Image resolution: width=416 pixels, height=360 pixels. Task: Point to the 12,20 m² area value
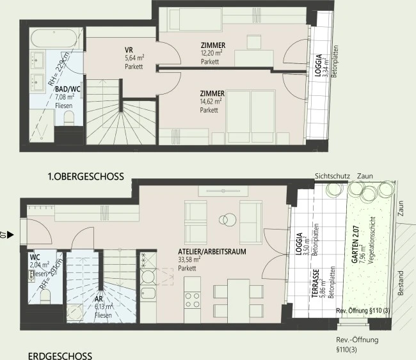211,54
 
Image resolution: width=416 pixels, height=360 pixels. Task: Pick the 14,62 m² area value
211,101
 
